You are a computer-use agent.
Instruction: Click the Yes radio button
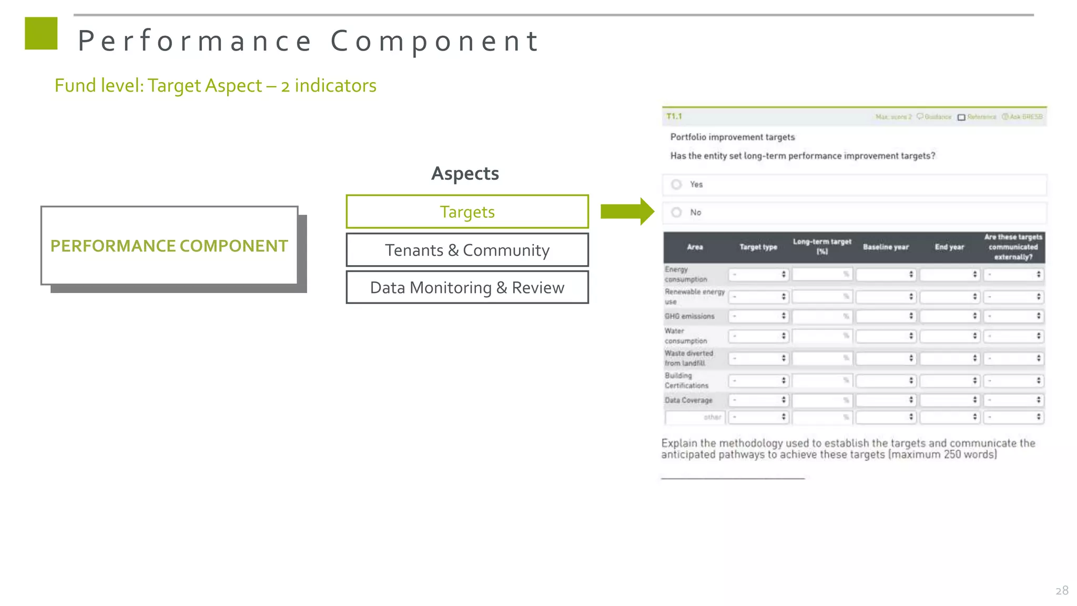tap(677, 185)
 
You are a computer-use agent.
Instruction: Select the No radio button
tap(677, 213)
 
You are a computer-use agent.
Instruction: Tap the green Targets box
tap(467, 212)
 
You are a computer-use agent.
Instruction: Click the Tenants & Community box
tap(467, 250)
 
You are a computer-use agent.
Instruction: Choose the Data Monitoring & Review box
tap(467, 288)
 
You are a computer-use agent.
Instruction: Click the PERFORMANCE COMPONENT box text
tap(169, 246)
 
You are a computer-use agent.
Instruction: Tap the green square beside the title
tap(41, 34)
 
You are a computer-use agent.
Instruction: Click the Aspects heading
tap(465, 174)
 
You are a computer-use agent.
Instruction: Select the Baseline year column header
tap(886, 247)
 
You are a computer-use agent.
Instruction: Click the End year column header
tap(949, 247)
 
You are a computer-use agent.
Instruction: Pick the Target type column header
tap(758, 247)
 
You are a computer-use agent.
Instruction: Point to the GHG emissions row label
tap(689, 316)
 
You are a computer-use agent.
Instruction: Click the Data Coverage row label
tap(688, 400)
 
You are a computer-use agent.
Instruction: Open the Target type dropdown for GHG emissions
tap(758, 316)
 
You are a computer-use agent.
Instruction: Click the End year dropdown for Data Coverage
tap(949, 400)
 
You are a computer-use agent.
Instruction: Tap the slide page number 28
tap(1062, 591)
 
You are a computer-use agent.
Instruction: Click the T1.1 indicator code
tap(674, 116)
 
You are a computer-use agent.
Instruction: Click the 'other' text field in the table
tap(695, 417)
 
